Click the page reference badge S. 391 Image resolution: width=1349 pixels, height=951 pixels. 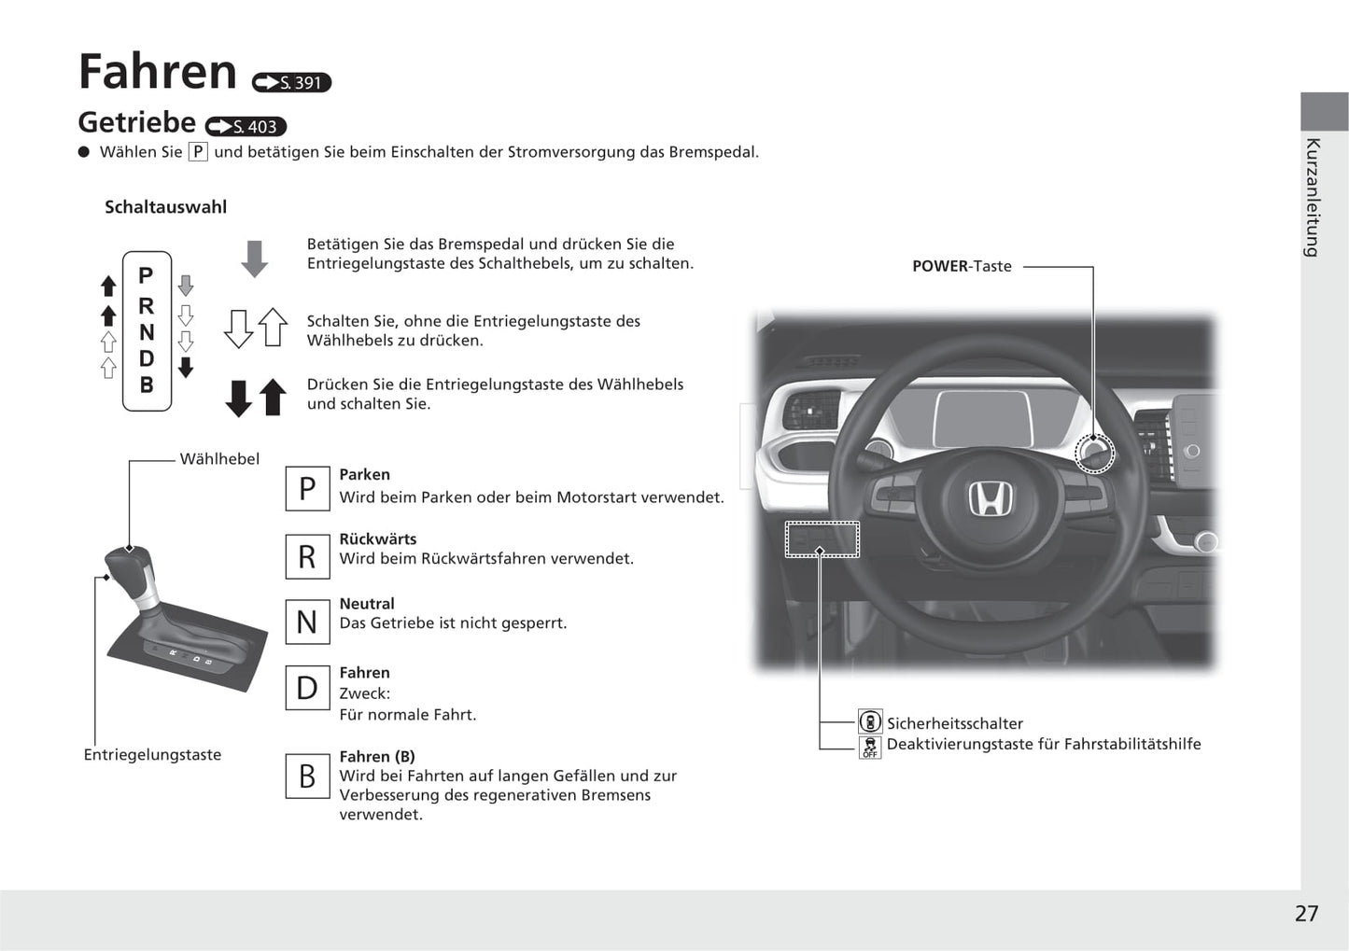click(291, 83)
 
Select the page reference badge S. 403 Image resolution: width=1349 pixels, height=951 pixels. click(246, 127)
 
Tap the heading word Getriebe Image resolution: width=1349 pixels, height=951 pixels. click(136, 122)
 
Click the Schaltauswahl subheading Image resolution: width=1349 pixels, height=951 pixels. click(165, 207)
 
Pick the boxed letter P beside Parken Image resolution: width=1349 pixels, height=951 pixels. click(307, 489)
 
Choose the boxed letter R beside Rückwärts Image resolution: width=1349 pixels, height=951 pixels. click(307, 556)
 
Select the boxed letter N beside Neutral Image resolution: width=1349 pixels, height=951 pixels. click(307, 622)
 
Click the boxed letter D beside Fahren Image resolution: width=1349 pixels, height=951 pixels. click(307, 688)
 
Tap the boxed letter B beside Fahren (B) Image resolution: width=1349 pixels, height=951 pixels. click(307, 776)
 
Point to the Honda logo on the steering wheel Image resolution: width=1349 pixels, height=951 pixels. click(990, 499)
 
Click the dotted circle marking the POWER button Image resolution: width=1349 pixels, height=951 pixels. click(1094, 454)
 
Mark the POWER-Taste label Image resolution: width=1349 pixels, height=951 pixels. click(962, 266)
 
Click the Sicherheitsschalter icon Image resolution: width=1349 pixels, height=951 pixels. click(870, 722)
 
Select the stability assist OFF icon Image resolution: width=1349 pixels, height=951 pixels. click(870, 747)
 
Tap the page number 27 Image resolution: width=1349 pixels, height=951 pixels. click(1306, 914)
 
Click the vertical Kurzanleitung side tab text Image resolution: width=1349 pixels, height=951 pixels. click(1313, 197)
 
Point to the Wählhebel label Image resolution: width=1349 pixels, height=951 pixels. click(219, 459)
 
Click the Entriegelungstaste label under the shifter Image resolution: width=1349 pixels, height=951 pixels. click(152, 755)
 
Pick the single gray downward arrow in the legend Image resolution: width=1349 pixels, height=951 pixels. click(254, 259)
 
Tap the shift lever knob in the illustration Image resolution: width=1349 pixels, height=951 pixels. click(128, 566)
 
